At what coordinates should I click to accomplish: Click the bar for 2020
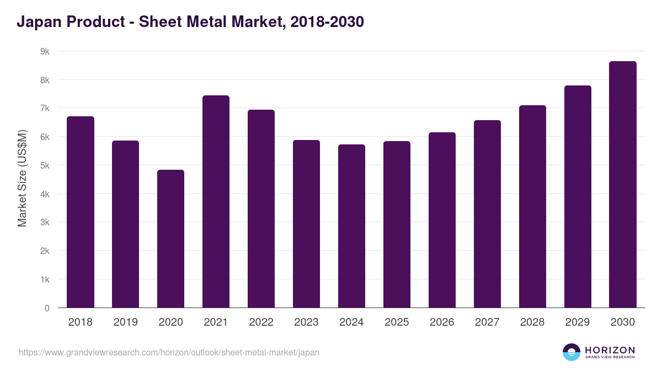click(170, 239)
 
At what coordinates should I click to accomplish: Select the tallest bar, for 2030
click(623, 185)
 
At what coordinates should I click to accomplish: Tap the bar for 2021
click(216, 202)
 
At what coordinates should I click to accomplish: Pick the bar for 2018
click(81, 212)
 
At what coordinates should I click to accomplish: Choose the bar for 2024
click(351, 226)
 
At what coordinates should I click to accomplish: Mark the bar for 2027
click(487, 214)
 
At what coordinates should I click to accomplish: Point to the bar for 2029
click(578, 197)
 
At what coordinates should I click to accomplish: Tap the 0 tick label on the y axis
click(47, 308)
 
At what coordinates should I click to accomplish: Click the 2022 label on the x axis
click(261, 322)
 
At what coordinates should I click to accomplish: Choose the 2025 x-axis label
click(397, 322)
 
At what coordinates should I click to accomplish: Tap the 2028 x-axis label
click(532, 322)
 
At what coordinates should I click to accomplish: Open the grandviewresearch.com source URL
click(169, 352)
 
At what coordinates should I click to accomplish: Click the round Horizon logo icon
click(572, 352)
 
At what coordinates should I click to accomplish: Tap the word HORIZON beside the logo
click(610, 349)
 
